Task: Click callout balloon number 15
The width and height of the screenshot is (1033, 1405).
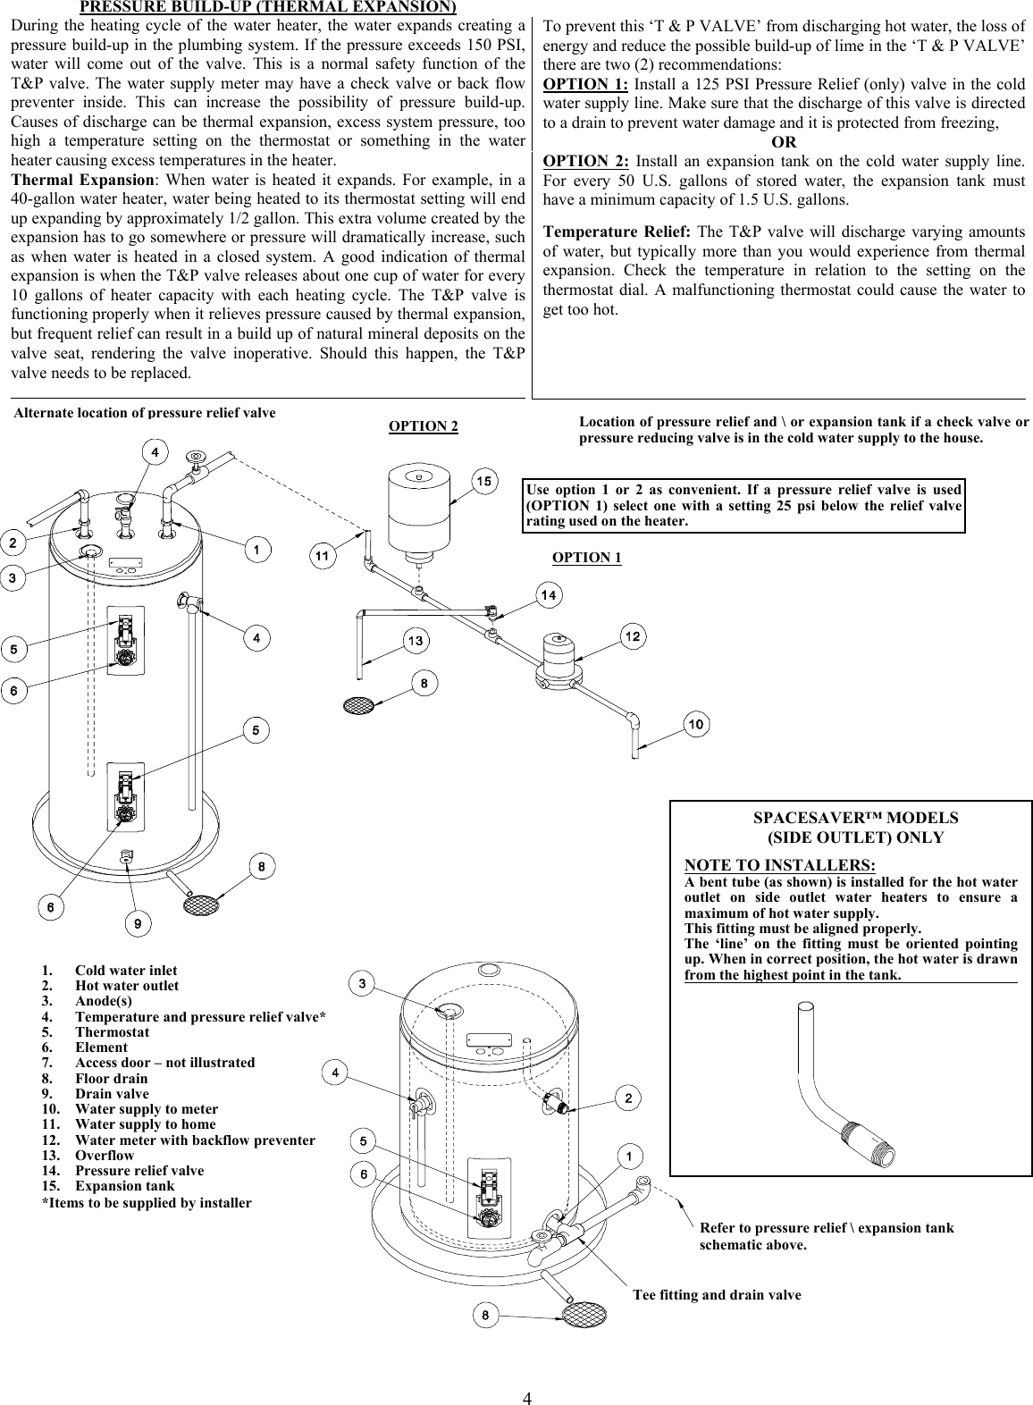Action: click(483, 483)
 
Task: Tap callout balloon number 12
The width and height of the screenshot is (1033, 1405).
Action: click(633, 636)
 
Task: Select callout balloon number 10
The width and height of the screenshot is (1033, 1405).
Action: click(696, 723)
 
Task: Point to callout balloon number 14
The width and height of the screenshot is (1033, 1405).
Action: click(549, 594)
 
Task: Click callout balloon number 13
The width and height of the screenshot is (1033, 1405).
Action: click(416, 640)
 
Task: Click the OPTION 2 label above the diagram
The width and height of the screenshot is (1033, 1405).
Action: click(424, 426)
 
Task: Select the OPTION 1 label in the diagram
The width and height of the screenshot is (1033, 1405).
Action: click(586, 558)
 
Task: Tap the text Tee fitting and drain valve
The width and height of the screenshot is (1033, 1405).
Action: click(717, 1294)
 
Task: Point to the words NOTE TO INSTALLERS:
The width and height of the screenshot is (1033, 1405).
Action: click(779, 866)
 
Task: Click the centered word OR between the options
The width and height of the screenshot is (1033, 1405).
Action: click(784, 142)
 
